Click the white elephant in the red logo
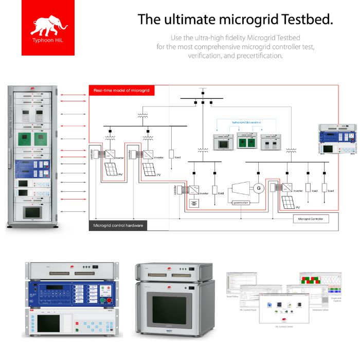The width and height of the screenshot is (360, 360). (49, 25)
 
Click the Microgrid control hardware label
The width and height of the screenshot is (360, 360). (119, 225)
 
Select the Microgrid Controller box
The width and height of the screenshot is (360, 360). (310, 219)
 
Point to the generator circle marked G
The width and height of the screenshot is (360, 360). (259, 187)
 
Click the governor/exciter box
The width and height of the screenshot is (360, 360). (241, 203)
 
